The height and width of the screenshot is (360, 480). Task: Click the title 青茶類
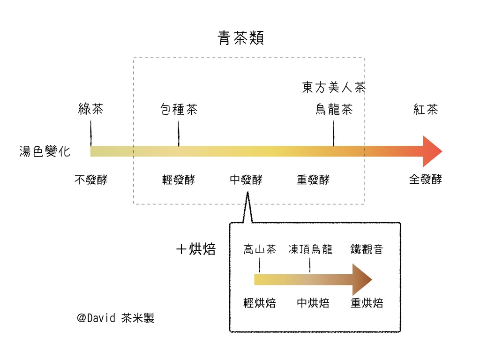(x=241, y=38)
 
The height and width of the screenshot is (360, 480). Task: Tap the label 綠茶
(x=90, y=110)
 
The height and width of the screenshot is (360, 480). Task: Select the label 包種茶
(x=179, y=110)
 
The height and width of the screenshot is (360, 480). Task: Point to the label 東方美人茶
(x=334, y=87)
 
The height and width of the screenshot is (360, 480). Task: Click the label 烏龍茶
(x=334, y=110)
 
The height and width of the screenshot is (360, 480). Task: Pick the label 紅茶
(x=426, y=110)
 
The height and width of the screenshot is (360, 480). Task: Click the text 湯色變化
(x=45, y=151)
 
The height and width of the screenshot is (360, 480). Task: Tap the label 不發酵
(x=90, y=180)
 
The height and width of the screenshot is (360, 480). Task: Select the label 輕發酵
(x=179, y=180)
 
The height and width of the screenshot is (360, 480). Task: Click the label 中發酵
(x=246, y=180)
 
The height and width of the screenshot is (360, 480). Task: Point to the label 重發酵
(x=313, y=180)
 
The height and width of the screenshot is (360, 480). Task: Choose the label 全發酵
(x=426, y=180)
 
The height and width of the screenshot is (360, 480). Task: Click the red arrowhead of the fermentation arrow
(x=431, y=151)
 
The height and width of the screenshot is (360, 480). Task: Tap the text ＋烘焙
(x=196, y=249)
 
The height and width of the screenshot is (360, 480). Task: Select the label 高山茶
(x=259, y=249)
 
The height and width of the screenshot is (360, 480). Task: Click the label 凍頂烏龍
(x=310, y=249)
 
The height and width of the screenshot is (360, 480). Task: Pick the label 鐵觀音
(x=367, y=249)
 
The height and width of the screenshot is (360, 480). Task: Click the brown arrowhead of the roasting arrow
(x=362, y=280)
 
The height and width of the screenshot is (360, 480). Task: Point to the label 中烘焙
(x=313, y=303)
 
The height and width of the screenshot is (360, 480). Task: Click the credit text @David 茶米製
(x=116, y=318)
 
